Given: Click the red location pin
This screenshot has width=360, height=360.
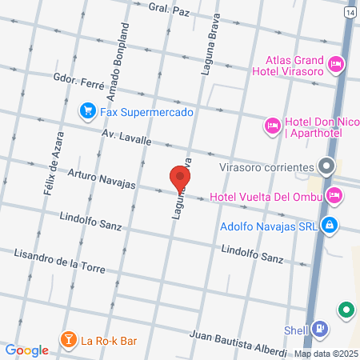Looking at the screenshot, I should pyautogui.click(x=180, y=178).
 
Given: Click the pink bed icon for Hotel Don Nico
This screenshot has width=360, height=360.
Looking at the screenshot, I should pyautogui.click(x=272, y=125).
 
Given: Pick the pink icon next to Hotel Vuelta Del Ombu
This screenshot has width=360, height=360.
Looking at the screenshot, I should pyautogui.click(x=334, y=195).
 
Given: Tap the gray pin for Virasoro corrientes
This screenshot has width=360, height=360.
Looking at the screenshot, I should pyautogui.click(x=326, y=167).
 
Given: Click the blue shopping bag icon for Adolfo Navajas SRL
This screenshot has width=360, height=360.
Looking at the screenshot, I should pyautogui.click(x=328, y=225).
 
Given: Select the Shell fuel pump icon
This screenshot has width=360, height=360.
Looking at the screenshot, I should pyautogui.click(x=319, y=328).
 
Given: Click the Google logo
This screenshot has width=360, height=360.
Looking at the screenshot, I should pyautogui.click(x=26, y=350).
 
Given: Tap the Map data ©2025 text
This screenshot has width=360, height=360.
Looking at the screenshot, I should pyautogui.click(x=325, y=354).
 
